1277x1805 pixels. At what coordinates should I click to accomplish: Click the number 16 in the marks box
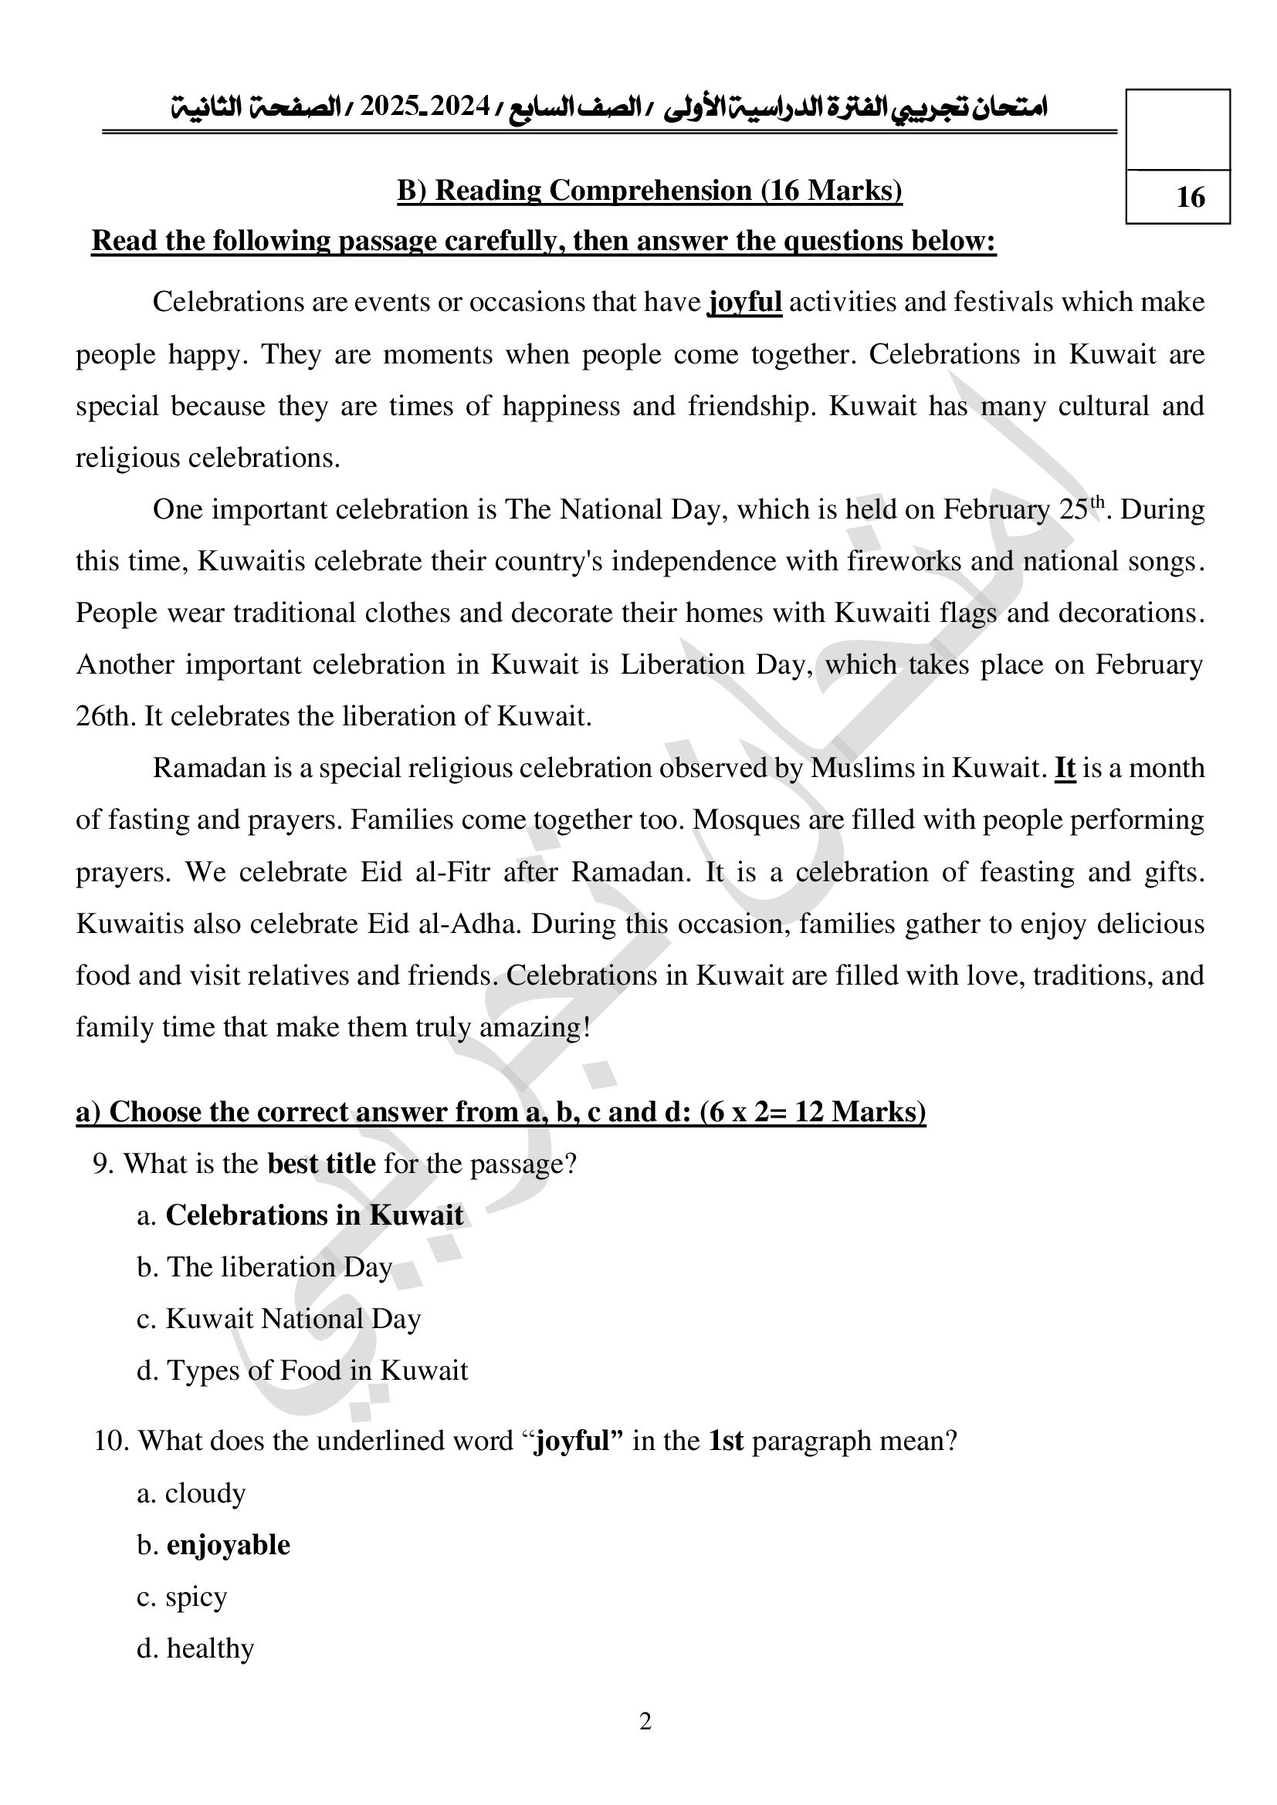tap(1190, 197)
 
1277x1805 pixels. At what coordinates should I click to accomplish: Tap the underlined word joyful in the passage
tap(744, 302)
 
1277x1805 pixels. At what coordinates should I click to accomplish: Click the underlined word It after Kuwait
tap(1065, 767)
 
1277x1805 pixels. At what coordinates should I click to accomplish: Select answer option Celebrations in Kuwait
tap(313, 1215)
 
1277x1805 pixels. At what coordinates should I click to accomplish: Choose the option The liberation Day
tap(279, 1266)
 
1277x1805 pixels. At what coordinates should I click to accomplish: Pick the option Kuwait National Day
tap(293, 1318)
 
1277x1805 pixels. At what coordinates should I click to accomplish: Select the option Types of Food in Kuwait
tap(316, 1371)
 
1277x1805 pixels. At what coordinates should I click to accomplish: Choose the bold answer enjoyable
tap(228, 1545)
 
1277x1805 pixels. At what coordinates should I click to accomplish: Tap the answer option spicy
tap(196, 1597)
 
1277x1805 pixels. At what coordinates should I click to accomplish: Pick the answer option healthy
tap(210, 1648)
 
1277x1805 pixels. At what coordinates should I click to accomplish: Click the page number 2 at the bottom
tap(645, 1722)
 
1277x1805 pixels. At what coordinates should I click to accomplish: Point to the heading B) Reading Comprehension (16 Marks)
tap(649, 191)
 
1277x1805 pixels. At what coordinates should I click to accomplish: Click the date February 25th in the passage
tap(1025, 509)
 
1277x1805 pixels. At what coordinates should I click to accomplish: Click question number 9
tap(103, 1163)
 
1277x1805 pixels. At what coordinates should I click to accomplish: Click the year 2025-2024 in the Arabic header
tap(425, 106)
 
